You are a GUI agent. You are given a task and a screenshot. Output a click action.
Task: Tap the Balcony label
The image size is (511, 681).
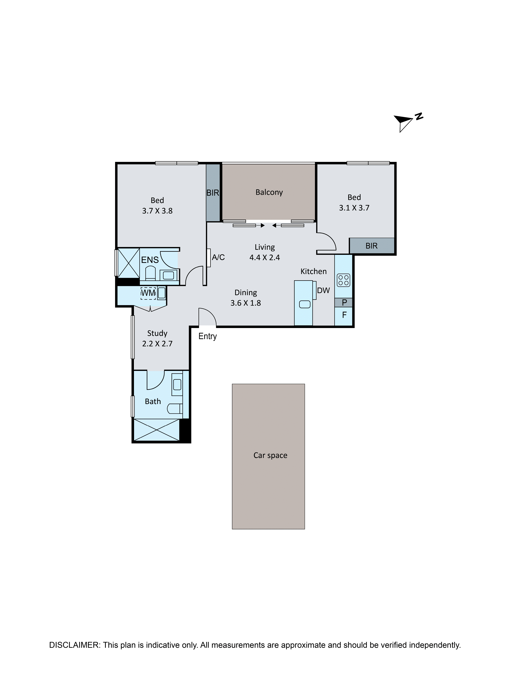click(x=269, y=192)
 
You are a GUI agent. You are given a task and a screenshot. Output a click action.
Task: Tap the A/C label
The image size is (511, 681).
click(x=218, y=257)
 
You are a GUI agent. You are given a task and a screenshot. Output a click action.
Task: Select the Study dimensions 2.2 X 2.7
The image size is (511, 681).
click(x=157, y=344)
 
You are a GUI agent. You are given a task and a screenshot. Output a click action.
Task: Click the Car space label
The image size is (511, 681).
click(x=270, y=455)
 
